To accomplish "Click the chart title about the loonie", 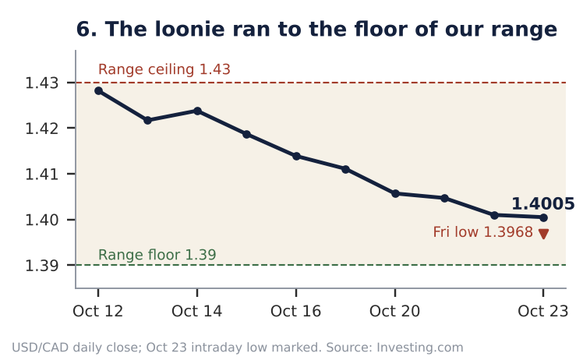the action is pyautogui.click(x=316, y=30).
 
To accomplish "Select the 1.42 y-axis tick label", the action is pyautogui.click(x=41, y=129).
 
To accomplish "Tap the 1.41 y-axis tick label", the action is pyautogui.click(x=41, y=174).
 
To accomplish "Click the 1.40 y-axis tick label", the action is pyautogui.click(x=41, y=220).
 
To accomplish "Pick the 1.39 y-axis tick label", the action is pyautogui.click(x=41, y=266).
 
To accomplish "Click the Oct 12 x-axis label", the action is pyautogui.click(x=97, y=311).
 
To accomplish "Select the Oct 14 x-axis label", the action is pyautogui.click(x=196, y=311).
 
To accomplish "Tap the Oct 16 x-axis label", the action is pyautogui.click(x=295, y=311).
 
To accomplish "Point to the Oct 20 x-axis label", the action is pyautogui.click(x=394, y=311).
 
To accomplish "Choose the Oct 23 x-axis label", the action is pyautogui.click(x=542, y=311).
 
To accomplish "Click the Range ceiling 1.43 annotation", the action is pyautogui.click(x=164, y=69).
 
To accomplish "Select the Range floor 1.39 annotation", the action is pyautogui.click(x=157, y=255).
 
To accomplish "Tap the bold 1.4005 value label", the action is pyautogui.click(x=542, y=204).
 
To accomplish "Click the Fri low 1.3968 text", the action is pyautogui.click(x=483, y=232).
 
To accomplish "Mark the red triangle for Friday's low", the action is pyautogui.click(x=543, y=234).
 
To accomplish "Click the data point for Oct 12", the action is pyautogui.click(x=98, y=90).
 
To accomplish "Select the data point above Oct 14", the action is pyautogui.click(x=197, y=111).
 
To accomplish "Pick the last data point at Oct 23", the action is pyautogui.click(x=543, y=217).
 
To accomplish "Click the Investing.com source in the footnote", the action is pyautogui.click(x=420, y=348).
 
